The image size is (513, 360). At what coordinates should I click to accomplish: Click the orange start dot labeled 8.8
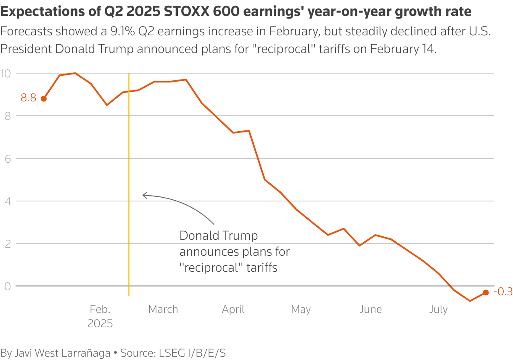pos(44,99)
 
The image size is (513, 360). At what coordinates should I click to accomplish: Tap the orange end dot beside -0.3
pos(486,292)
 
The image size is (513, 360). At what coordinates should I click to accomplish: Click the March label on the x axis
pos(163,310)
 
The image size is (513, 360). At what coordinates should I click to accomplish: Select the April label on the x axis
pos(233,310)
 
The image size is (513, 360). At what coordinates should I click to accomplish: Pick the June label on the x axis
pos(370,310)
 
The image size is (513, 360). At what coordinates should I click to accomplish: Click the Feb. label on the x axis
pos(100,310)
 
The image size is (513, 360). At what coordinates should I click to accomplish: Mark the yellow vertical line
pos(128,185)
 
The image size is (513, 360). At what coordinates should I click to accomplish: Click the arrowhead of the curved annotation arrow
pos(144,195)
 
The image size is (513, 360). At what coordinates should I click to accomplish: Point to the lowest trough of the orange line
pos(470,301)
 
